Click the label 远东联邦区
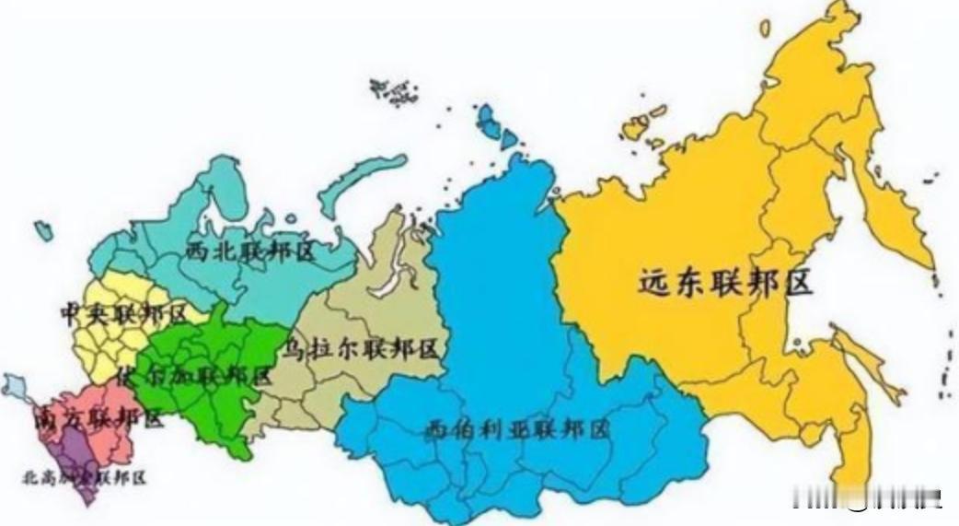click(x=726, y=283)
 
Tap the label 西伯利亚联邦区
click(x=518, y=428)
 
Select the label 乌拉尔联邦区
click(x=361, y=350)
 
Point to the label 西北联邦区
click(x=250, y=251)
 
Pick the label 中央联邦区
click(x=122, y=312)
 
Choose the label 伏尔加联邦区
click(x=194, y=376)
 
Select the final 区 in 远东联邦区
click(x=798, y=283)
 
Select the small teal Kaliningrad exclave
click(x=42, y=231)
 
